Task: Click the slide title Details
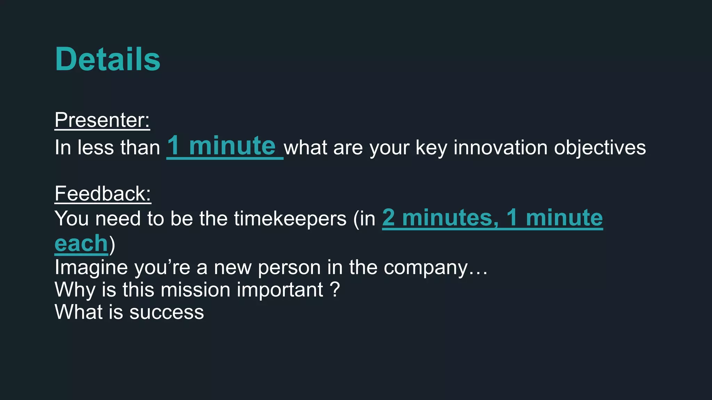click(x=107, y=59)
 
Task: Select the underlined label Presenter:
click(x=102, y=120)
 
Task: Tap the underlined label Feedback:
click(x=103, y=193)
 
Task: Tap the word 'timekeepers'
click(x=290, y=219)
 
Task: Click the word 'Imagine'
click(x=91, y=268)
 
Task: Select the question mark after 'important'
click(x=334, y=290)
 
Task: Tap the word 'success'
click(x=167, y=312)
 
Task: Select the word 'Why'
click(x=75, y=290)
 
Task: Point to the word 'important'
click(x=280, y=290)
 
